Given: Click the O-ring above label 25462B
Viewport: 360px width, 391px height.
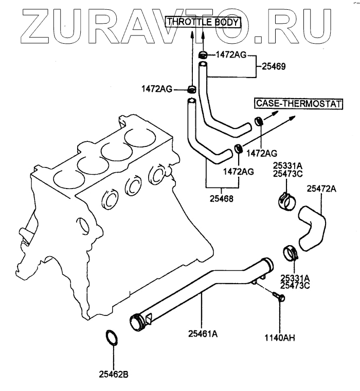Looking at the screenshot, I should coord(112,339).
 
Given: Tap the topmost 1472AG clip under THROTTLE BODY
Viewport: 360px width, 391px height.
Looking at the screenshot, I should coord(203,54).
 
